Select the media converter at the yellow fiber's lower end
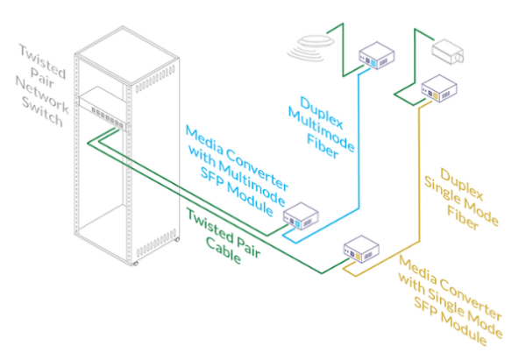point(360,250)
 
